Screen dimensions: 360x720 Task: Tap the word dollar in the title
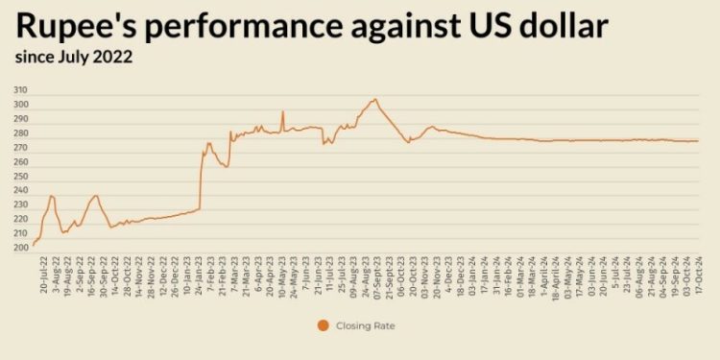(556, 27)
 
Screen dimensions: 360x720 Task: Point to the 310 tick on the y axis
(20, 89)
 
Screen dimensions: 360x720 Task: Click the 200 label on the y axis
(20, 248)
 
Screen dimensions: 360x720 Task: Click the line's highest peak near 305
(375, 99)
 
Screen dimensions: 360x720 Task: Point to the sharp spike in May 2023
(282, 111)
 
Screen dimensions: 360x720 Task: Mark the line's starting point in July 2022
(34, 245)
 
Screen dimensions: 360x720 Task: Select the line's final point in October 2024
(699, 141)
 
